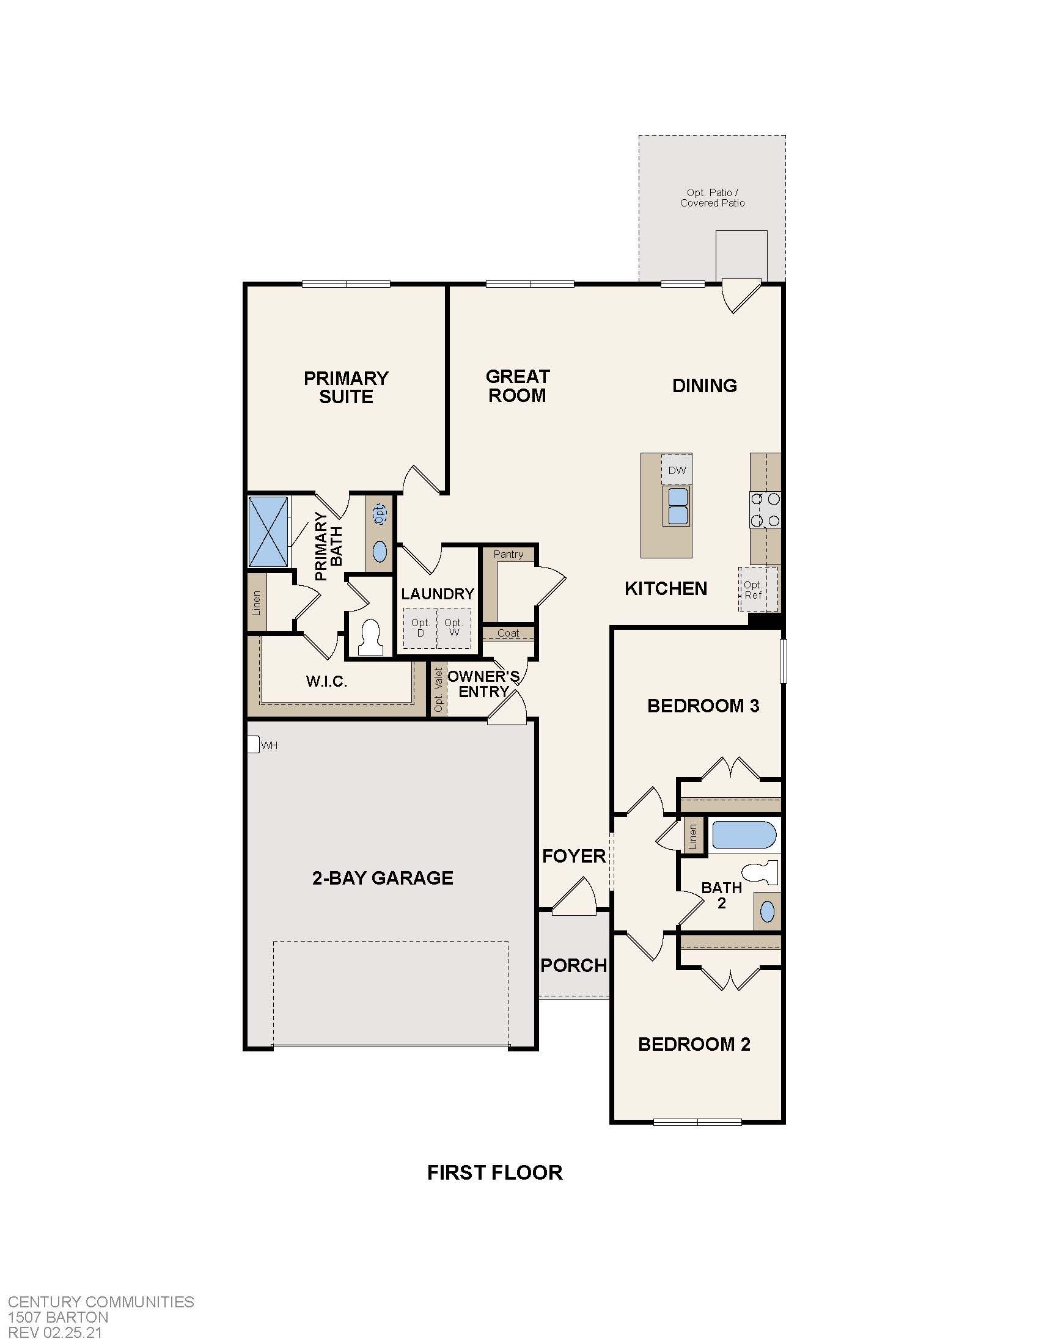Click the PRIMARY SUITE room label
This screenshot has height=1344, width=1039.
[x=346, y=387]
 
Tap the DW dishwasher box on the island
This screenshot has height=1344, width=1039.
[x=677, y=471]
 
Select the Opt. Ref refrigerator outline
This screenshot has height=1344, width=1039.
[x=758, y=590]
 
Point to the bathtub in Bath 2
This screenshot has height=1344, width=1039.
[x=744, y=835]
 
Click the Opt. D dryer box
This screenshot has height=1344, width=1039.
[x=420, y=627]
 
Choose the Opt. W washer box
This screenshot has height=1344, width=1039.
[x=454, y=627]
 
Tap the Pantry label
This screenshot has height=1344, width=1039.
[x=508, y=555]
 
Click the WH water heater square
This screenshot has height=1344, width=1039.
[x=252, y=745]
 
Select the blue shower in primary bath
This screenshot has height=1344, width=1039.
[x=268, y=531]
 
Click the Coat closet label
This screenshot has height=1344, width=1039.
[x=508, y=634]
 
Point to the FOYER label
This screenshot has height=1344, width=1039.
[x=574, y=856]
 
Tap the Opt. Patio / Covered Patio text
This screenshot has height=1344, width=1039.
[x=712, y=197]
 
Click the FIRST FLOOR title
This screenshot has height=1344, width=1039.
[x=495, y=1173]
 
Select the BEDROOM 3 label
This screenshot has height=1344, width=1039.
[x=703, y=706]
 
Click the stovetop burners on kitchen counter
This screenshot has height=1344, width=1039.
[x=765, y=509]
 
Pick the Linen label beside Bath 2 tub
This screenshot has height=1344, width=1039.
[x=693, y=836]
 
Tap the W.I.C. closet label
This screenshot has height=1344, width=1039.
[x=327, y=681]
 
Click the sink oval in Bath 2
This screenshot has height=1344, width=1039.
[x=767, y=911]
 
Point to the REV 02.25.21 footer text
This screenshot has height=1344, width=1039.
[x=55, y=1334]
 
